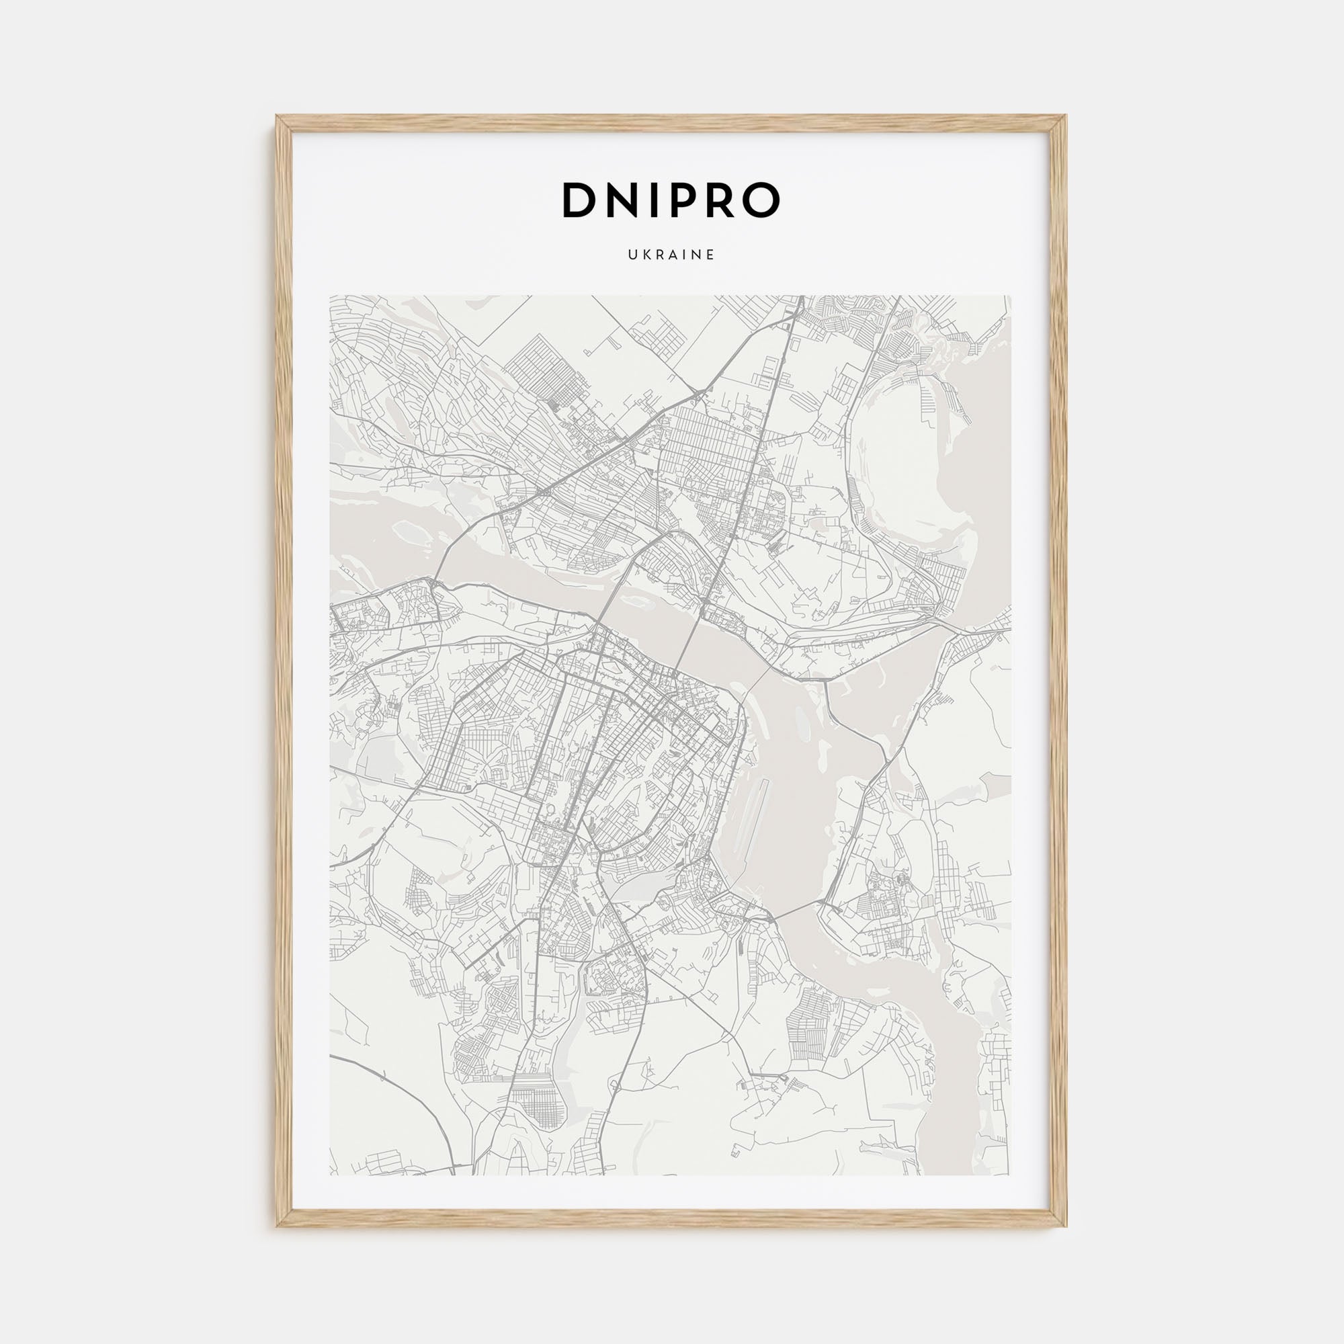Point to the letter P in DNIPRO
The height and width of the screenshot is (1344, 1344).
click(687, 200)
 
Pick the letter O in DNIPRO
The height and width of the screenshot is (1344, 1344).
click(764, 200)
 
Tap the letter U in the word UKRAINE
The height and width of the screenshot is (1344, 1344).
click(633, 255)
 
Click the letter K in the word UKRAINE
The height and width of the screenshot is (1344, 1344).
click(646, 255)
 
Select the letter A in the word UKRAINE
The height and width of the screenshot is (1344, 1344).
click(673, 255)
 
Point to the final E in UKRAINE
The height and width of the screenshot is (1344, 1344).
click(711, 255)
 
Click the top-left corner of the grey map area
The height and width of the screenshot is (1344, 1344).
click(331, 296)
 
